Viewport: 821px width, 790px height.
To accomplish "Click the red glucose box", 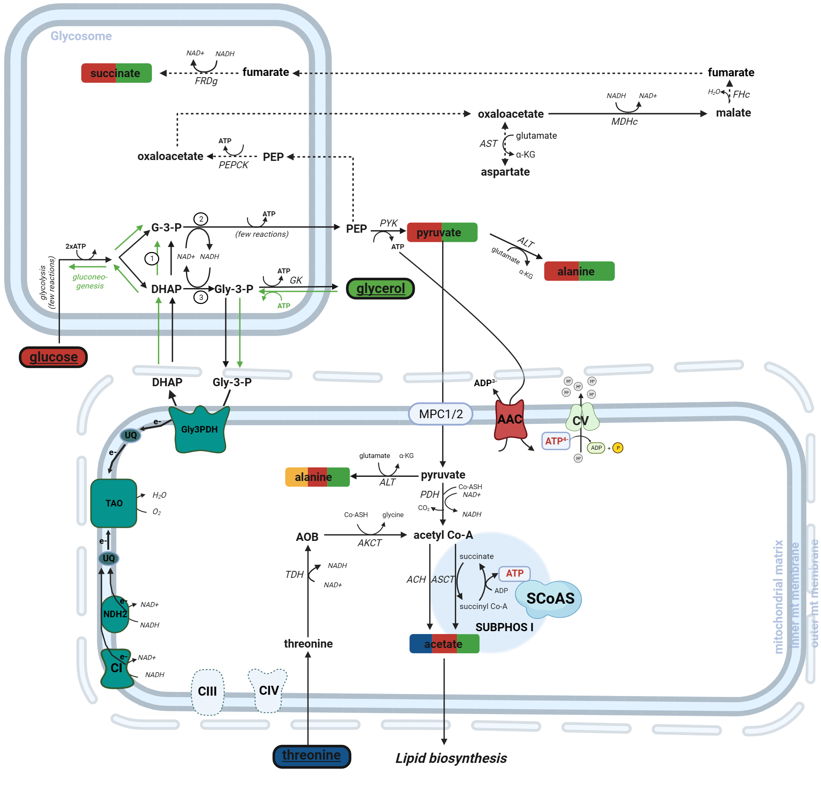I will click(53, 357).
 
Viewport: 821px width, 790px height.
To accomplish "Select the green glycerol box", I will click(381, 289).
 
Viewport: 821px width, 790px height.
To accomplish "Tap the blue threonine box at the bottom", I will click(312, 756).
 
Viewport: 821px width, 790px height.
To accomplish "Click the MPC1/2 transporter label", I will click(440, 414).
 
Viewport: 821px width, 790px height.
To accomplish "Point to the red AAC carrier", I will click(510, 420).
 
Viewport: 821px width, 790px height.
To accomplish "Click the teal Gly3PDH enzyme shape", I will click(200, 430).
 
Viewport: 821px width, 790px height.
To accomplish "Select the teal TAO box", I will click(114, 503).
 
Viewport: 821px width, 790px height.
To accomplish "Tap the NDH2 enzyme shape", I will click(115, 614).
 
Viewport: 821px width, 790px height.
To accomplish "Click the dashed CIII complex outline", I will click(208, 691).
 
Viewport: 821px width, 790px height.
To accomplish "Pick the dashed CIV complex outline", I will click(268, 690).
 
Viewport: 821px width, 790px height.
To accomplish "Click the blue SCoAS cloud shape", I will click(549, 599).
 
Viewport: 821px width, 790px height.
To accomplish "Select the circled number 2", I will click(201, 219).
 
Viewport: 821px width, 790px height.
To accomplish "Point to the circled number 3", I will click(201, 298).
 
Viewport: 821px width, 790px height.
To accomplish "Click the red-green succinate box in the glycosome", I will click(116, 73).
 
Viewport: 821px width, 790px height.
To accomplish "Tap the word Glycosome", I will click(81, 36).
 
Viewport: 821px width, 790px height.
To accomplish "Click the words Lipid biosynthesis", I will click(451, 758).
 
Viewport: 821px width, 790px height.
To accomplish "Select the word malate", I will click(733, 113).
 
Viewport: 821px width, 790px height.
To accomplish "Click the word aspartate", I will click(505, 172).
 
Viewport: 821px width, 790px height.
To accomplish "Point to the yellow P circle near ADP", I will click(618, 448).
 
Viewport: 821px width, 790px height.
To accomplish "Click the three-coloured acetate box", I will click(444, 644).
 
